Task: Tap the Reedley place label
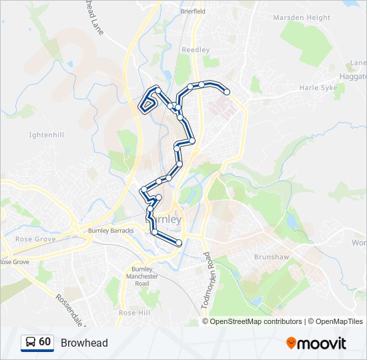point(196,50)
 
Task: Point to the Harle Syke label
point(319,87)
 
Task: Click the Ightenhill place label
point(46,135)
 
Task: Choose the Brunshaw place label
point(270,256)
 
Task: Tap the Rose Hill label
point(133,312)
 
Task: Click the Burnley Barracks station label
point(111,231)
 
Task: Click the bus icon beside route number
point(31,343)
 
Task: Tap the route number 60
point(45,342)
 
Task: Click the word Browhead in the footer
point(84,343)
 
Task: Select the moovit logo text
point(322,343)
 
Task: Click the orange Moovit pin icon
point(292,343)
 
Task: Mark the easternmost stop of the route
point(227,92)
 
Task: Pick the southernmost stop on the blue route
point(179,243)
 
